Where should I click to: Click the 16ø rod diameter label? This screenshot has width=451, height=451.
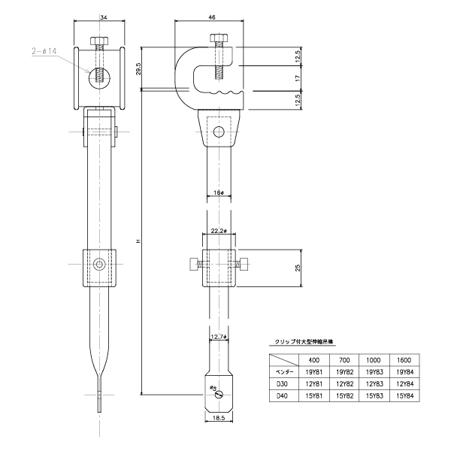click(219, 193)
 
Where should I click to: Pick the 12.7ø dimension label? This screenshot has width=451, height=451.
click(219, 337)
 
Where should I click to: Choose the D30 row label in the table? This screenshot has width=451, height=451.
click(283, 383)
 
